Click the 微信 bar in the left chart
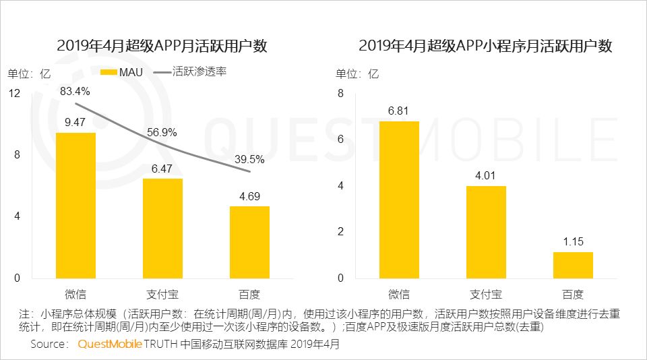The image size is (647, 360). (75, 205)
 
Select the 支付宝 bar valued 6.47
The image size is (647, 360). (162, 228)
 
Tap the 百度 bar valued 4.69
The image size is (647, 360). (249, 242)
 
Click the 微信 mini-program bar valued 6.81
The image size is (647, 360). (399, 200)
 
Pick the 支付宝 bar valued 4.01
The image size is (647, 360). (486, 232)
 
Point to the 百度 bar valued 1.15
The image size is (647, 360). (573, 265)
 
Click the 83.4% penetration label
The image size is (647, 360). (75, 91)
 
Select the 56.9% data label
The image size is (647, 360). (162, 132)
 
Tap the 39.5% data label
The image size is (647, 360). (249, 160)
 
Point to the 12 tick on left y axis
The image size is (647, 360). (14, 93)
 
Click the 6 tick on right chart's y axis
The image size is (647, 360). (340, 140)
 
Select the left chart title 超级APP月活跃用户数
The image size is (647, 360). (162, 46)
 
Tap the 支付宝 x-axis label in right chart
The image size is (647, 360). (486, 295)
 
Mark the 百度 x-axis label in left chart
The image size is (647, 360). (249, 295)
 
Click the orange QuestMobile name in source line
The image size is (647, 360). (109, 344)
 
